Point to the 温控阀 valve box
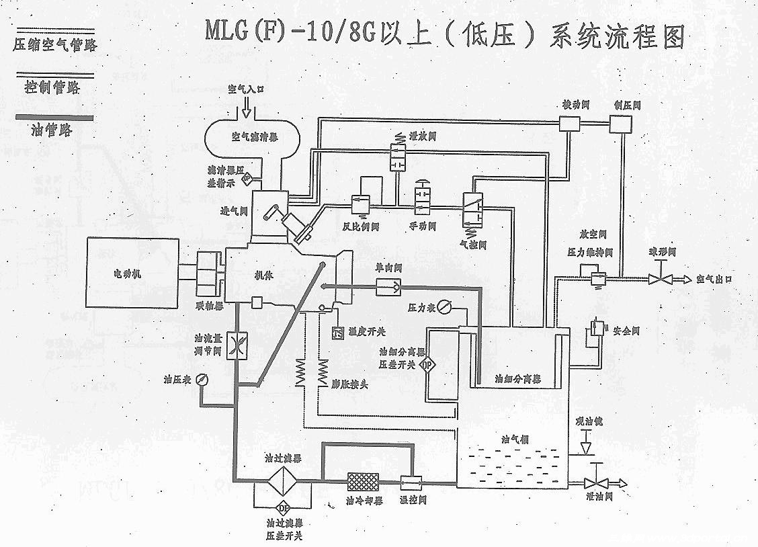409,482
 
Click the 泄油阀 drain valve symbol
593,482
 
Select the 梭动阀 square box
569,123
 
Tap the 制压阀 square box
619,123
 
